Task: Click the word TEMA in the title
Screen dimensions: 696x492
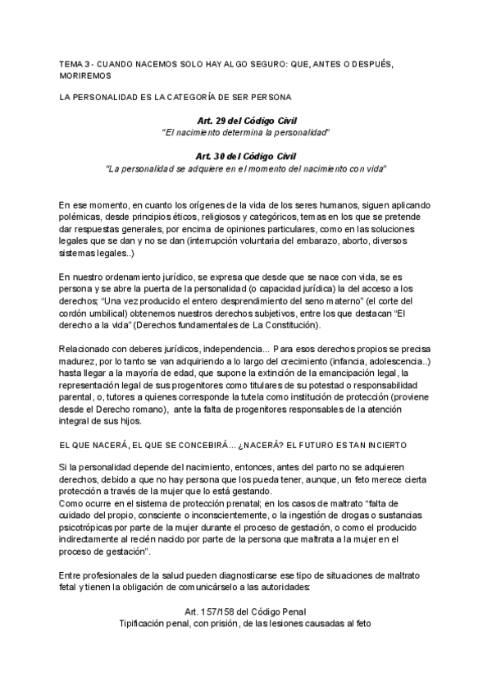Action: pos(71,63)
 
